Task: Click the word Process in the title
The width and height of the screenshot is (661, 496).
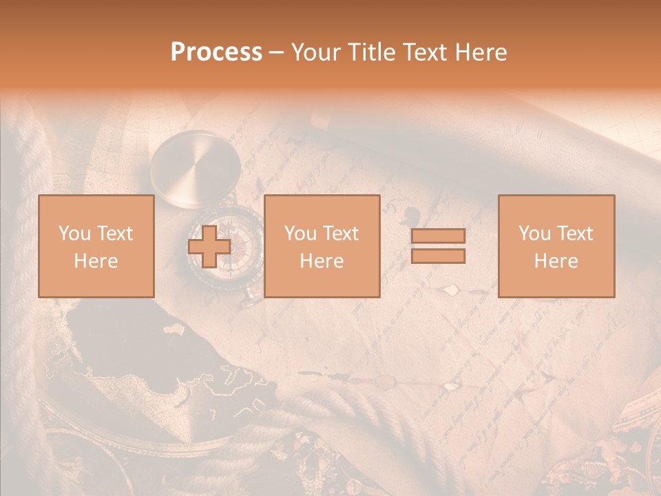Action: coord(216,52)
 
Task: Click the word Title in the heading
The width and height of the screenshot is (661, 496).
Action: coord(368,52)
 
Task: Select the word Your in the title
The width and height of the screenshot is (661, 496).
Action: coord(315,52)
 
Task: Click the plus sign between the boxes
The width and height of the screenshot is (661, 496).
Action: coord(209,247)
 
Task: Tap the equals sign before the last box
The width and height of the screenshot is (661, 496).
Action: coord(438,246)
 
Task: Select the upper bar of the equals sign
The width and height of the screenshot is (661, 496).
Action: coord(438,236)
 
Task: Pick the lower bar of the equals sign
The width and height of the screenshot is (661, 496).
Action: coord(438,256)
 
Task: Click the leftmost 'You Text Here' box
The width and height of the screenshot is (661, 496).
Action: coord(96,246)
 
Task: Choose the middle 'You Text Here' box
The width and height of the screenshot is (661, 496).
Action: coord(322,246)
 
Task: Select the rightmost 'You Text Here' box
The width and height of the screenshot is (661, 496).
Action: coord(556,246)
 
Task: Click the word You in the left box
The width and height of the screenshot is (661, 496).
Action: coord(74,234)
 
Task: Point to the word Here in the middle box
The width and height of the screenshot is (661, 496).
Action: coord(322,261)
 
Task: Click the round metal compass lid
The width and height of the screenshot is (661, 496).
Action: coord(196,167)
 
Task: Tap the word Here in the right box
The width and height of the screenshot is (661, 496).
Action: coord(556,261)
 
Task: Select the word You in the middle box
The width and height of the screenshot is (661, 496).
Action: coord(300,234)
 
